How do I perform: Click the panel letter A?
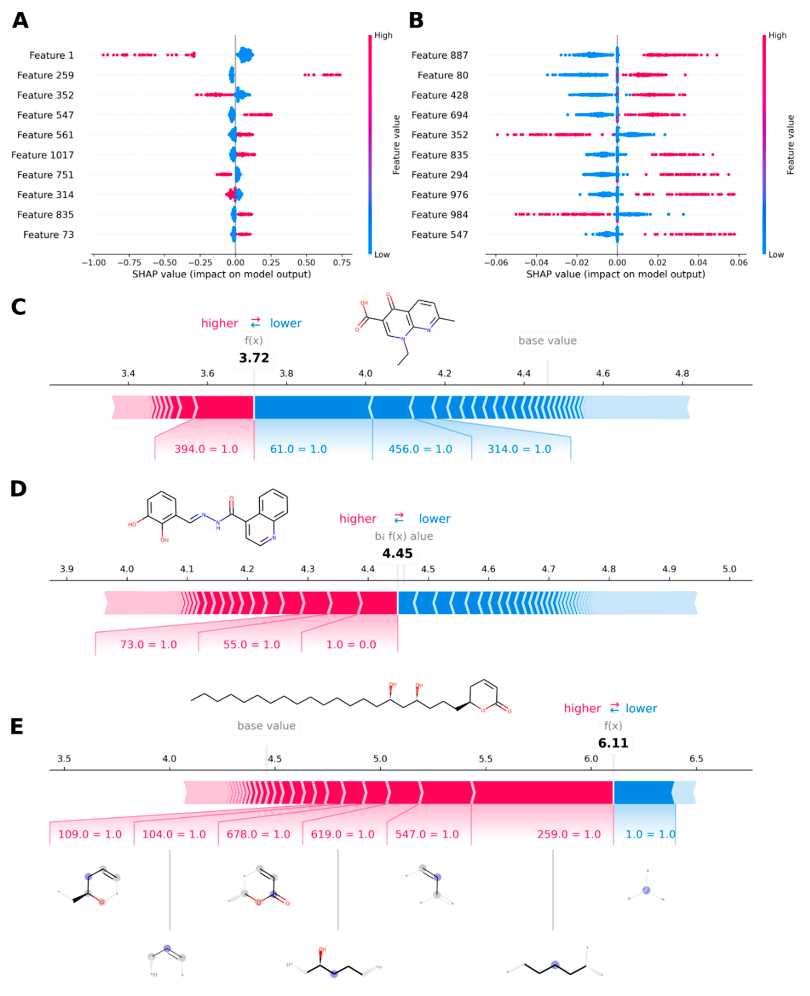point(20,21)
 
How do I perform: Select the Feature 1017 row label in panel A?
point(43,155)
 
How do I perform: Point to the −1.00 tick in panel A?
point(93,263)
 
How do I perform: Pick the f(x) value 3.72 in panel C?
point(254,358)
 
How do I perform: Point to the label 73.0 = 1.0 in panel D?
point(148,645)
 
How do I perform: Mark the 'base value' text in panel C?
point(547,341)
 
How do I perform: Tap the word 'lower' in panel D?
point(434,519)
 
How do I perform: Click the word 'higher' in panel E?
point(582,708)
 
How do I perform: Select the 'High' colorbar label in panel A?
point(383,35)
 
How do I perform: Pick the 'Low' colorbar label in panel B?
point(776,255)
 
